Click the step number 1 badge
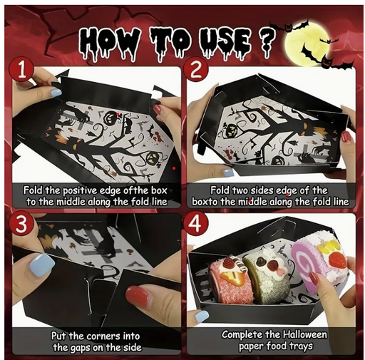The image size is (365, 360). (x=21, y=71)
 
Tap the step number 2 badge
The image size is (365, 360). (x=195, y=71)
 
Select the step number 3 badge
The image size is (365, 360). (x=21, y=225)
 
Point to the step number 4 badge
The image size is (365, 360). (x=195, y=225)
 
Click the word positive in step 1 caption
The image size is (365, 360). (x=80, y=191)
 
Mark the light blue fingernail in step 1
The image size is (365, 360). (x=56, y=92)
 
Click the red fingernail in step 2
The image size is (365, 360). (x=347, y=137)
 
